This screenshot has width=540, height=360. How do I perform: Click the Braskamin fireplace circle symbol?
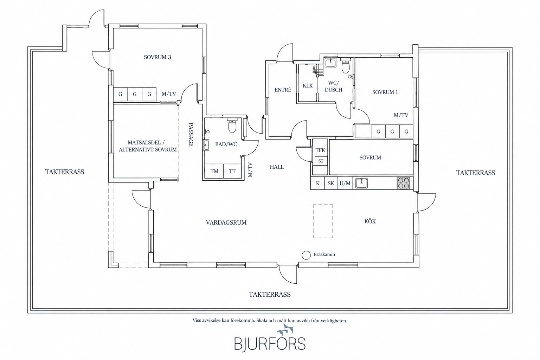(306, 255)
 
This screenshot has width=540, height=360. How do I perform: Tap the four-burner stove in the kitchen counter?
(403, 183)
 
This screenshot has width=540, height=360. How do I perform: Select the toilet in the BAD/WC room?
(232, 126)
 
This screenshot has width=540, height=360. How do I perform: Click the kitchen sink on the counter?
(361, 183)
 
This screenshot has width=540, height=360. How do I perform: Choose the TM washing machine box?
(214, 171)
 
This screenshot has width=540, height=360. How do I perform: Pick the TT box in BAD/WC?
(232, 171)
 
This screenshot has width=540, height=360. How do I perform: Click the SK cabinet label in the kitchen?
(331, 184)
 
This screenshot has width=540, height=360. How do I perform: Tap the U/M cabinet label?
(345, 184)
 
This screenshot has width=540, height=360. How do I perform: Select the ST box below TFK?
(321, 161)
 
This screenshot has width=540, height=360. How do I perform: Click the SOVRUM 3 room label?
(157, 57)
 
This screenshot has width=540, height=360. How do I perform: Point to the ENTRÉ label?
(283, 90)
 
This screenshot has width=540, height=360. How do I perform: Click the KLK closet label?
(308, 85)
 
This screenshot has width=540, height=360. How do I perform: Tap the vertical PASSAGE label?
(191, 135)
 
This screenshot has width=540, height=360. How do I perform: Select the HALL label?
(277, 167)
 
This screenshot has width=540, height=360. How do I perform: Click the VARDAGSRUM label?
(226, 223)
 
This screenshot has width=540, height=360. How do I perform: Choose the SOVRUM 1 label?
(385, 92)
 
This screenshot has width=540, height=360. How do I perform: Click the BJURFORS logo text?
(270, 344)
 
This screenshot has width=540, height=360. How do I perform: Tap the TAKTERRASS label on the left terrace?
(65, 172)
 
